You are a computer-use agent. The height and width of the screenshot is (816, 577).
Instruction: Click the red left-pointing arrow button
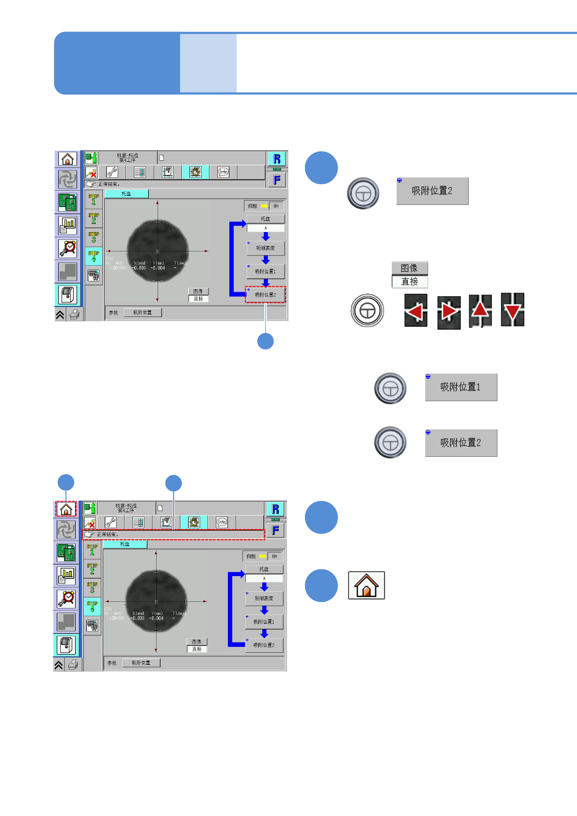click(416, 311)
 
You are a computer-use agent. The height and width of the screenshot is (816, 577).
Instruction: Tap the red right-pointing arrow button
click(449, 312)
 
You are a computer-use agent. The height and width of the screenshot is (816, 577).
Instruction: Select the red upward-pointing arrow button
click(480, 311)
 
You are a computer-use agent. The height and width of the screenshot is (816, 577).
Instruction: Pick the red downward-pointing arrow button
click(513, 310)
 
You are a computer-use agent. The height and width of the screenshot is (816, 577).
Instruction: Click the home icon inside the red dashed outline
click(66, 509)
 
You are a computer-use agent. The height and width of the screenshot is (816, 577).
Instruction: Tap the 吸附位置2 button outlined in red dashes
click(265, 295)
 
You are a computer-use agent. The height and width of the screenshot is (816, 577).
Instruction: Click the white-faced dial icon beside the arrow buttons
click(368, 311)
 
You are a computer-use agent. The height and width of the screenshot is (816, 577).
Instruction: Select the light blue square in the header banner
click(208, 63)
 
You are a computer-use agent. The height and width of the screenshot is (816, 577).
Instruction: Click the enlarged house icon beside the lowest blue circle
click(367, 585)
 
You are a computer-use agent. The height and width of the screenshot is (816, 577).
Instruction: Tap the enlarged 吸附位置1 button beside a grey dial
click(461, 387)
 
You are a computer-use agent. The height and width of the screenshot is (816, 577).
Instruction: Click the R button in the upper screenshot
click(277, 159)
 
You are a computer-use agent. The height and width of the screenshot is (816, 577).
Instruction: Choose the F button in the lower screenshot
click(275, 530)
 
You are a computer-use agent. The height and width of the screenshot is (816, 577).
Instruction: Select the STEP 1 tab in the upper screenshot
click(94, 199)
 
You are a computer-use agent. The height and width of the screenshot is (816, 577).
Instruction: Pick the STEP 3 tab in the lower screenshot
click(92, 587)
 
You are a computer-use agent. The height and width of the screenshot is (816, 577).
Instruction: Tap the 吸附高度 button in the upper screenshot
click(265, 248)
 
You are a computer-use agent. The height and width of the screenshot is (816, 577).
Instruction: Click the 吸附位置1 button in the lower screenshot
click(264, 622)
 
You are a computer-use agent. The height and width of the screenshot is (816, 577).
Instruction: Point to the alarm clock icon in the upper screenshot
click(68, 248)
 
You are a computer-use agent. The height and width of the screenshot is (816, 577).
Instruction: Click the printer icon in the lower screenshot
click(73, 665)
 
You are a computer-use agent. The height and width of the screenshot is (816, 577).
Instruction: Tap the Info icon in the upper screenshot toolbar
click(223, 172)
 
